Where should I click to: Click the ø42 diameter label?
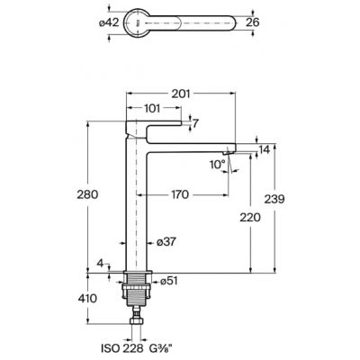pos(109,22)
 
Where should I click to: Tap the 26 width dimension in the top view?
pos(252,22)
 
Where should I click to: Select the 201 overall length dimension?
pos(181,94)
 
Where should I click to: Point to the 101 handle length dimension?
pos(152,108)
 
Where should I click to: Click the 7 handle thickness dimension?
pos(195,123)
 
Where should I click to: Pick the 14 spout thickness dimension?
pos(265,149)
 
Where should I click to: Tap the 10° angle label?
pos(218,165)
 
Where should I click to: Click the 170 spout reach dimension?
pos(180,194)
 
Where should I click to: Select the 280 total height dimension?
pos(87,194)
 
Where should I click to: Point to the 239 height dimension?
pos(274,199)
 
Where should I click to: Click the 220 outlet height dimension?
pos(250,217)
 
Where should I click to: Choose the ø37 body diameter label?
pos(166,242)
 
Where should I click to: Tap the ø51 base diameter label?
pos(169,281)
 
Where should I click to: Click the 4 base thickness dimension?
pos(100,264)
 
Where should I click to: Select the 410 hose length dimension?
pos(87,299)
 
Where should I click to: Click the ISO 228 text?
pos(121,348)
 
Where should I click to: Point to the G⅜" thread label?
pos(161,348)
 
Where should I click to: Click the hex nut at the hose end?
pos(137,321)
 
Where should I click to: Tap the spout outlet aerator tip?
pos(228,152)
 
